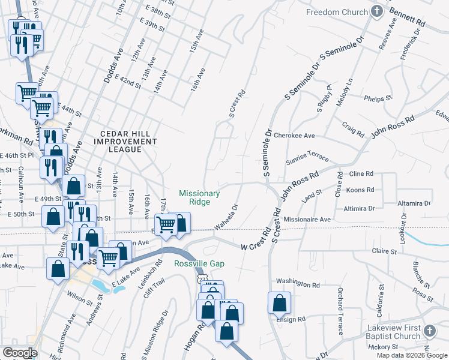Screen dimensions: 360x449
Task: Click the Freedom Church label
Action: click(336, 12)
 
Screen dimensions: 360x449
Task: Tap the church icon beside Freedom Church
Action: click(376, 11)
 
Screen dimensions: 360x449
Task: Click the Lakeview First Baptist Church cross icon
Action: click(429, 331)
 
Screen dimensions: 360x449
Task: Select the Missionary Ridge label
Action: click(200, 197)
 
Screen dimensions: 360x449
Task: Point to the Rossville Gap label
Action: click(199, 264)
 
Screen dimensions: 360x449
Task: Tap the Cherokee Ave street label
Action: click(294, 136)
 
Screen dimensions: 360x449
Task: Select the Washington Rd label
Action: click(298, 281)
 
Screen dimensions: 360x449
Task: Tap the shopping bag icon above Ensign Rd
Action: click(280, 303)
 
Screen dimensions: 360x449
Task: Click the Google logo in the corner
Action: click(20, 353)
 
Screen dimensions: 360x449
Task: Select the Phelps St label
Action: click(378, 99)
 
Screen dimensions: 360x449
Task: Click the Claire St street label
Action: click(385, 251)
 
